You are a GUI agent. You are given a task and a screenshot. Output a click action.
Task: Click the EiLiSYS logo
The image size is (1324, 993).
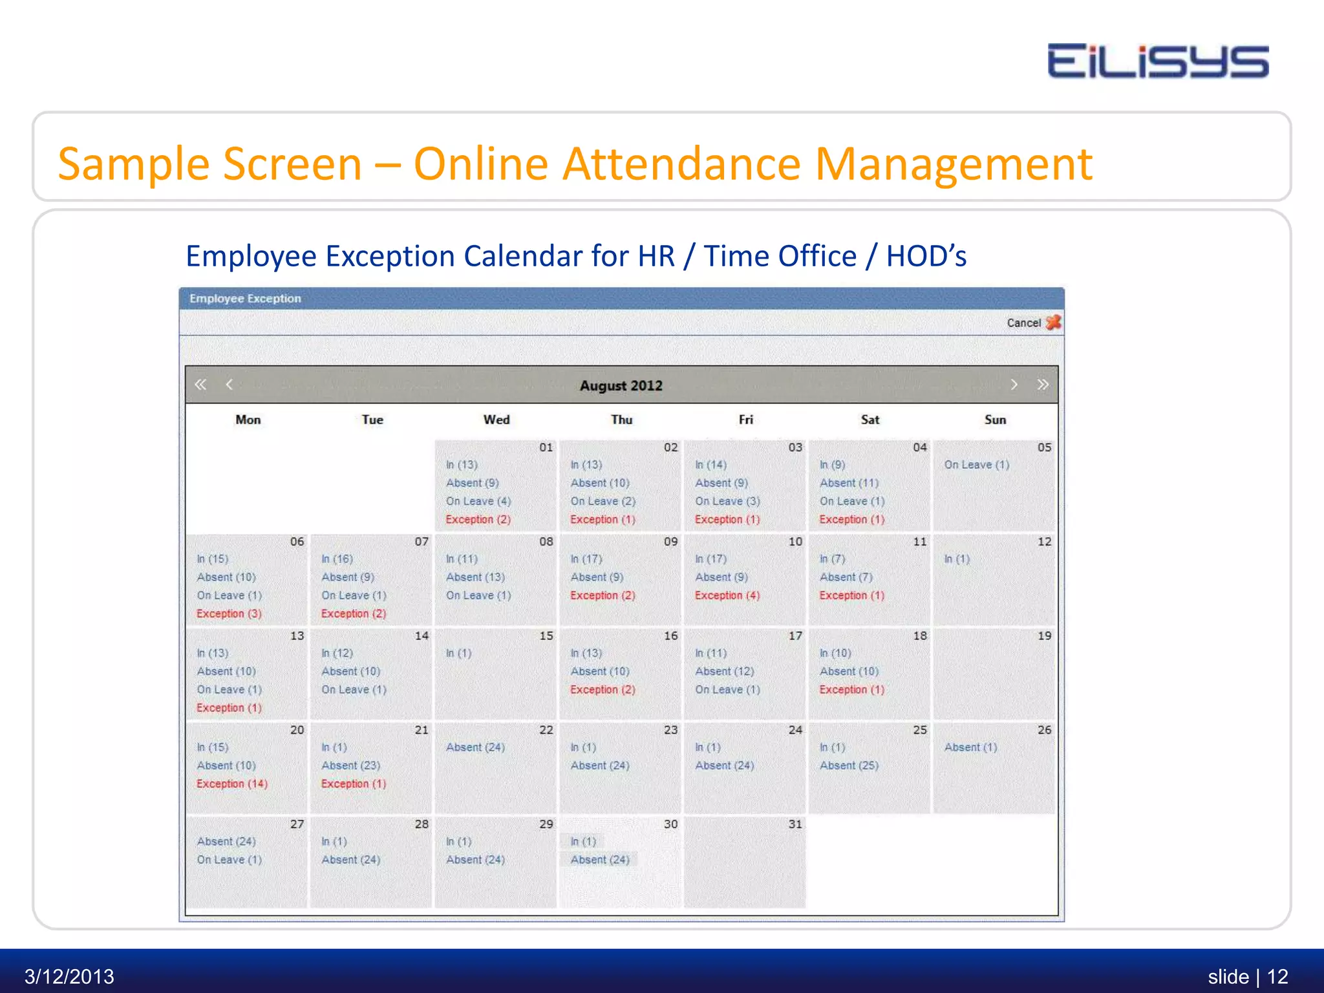1157,62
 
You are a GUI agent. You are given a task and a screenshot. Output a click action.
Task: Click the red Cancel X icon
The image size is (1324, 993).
1053,322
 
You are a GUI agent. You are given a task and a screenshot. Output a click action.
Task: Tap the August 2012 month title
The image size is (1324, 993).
621,386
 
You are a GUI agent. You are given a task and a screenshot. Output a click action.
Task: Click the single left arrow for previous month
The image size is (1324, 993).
229,385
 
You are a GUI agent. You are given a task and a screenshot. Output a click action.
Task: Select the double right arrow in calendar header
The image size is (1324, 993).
1042,385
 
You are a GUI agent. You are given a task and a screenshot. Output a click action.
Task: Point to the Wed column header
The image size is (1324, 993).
496,420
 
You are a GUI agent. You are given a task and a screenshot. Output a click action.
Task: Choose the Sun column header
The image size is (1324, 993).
995,420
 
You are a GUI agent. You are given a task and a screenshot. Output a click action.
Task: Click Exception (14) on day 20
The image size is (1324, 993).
232,784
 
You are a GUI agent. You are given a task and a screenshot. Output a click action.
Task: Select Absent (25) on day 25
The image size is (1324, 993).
849,765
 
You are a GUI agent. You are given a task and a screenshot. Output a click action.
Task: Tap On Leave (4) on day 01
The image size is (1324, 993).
478,501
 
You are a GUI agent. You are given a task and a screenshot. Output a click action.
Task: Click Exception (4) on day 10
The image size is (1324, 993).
727,595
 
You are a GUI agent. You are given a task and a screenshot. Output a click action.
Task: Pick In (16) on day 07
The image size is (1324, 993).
337,559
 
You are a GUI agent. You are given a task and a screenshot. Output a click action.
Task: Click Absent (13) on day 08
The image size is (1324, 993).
475,577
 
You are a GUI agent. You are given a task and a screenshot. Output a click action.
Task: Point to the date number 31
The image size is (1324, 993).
795,824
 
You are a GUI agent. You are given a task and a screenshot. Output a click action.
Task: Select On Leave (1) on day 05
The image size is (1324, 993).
976,465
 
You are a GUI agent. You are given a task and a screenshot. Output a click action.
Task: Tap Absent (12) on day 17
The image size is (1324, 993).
724,672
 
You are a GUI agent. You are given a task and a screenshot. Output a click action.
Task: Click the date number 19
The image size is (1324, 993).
1044,636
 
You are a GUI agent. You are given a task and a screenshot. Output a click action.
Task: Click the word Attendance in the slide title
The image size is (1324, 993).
682,164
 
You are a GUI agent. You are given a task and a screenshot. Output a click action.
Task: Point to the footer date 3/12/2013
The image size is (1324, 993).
69,976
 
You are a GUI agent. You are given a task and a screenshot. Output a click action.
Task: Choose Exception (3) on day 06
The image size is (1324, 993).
229,614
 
